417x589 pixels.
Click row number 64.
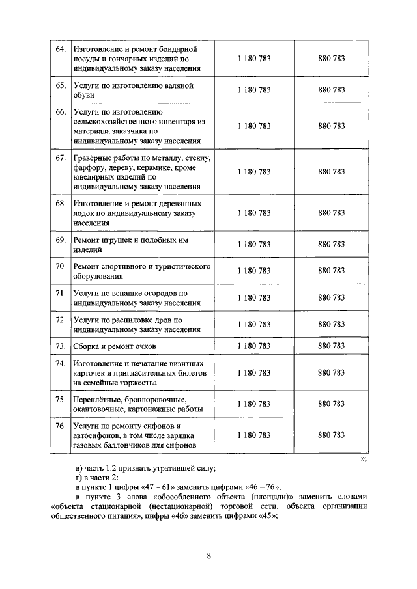pos(60,49)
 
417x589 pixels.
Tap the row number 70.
pos(60,267)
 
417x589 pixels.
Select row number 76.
pos(60,426)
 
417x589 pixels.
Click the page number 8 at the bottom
pos(208,555)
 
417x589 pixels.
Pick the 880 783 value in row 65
pos(332,90)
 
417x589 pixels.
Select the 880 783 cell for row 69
pos(332,245)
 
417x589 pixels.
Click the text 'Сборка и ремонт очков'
pos(115,346)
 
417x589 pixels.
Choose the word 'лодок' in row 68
pos(85,213)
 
